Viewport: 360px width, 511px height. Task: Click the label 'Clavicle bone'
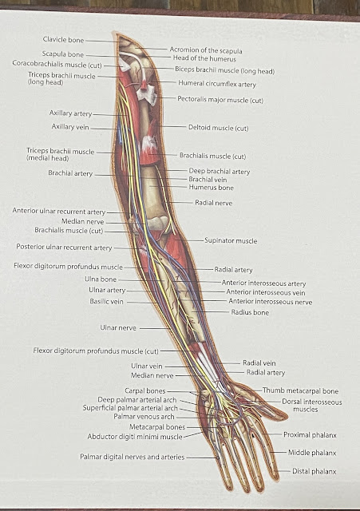click(64, 40)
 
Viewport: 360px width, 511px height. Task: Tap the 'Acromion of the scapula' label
click(206, 50)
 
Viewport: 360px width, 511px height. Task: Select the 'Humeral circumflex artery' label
click(217, 84)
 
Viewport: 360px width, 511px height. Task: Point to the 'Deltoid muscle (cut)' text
click(218, 128)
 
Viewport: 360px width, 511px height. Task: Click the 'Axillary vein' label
click(70, 127)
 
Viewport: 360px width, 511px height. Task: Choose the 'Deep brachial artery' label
click(220, 172)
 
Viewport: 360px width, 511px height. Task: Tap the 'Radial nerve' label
click(214, 203)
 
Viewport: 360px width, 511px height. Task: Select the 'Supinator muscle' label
click(231, 241)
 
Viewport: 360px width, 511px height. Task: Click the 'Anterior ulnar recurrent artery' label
click(59, 211)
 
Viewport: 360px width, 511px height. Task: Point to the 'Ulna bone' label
click(101, 279)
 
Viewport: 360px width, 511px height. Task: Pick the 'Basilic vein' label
click(106, 302)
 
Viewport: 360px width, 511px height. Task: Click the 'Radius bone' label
click(250, 312)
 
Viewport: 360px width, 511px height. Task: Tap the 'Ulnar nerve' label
click(118, 328)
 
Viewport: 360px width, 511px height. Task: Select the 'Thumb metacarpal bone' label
click(300, 390)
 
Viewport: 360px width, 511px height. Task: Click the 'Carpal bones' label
click(145, 390)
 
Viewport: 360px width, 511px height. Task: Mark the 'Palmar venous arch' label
click(144, 417)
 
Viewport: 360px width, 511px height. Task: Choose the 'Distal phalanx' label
click(314, 471)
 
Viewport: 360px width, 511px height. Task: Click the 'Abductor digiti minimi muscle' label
click(135, 437)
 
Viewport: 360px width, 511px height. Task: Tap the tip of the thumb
click(287, 417)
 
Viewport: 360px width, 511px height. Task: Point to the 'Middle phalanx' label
click(312, 453)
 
